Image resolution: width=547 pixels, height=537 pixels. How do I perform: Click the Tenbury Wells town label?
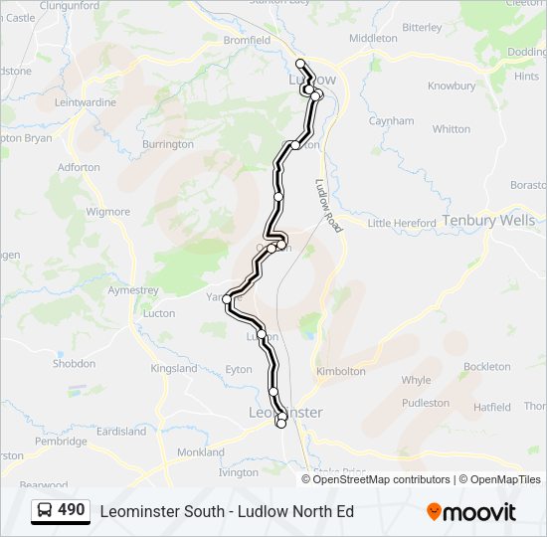488,220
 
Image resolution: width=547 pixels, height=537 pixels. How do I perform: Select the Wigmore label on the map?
107,212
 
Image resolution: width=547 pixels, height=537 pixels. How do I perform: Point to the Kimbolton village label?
340,371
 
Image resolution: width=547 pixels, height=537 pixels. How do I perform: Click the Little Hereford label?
402,224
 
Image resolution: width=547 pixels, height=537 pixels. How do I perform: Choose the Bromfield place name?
247,41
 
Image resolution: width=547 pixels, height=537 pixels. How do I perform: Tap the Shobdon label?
74,364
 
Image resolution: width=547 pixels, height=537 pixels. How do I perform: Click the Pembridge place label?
61,441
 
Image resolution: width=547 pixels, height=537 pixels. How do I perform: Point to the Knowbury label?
452,87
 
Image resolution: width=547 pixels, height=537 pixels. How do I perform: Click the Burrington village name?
168,144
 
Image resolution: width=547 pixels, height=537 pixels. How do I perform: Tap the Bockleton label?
486,367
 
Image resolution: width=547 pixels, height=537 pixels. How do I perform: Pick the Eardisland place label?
121,432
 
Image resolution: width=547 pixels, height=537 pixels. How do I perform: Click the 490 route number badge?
72,510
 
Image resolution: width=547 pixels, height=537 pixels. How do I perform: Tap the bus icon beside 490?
45,511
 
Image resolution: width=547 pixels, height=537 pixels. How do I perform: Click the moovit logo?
471,512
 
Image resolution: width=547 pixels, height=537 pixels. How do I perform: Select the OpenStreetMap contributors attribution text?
382,479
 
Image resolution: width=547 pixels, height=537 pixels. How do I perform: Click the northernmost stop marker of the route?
300,64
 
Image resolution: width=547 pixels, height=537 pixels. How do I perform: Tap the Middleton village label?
373,38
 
